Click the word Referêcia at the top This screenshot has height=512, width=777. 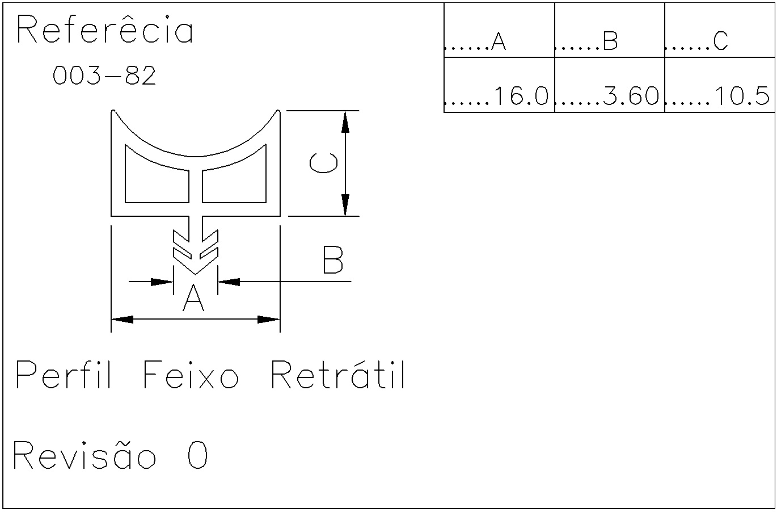[105, 30]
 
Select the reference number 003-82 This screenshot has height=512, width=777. [104, 75]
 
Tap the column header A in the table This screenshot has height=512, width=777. [499, 41]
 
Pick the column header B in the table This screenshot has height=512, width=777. [610, 41]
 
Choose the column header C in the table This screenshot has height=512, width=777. [720, 41]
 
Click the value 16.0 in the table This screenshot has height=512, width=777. [521, 96]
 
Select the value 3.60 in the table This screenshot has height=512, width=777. [631, 96]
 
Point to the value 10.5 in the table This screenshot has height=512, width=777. [742, 96]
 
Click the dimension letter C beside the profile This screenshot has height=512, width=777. [323, 163]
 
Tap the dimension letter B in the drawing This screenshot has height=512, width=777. [333, 259]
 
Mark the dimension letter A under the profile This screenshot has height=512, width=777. [193, 297]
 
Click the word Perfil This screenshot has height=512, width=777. [64, 375]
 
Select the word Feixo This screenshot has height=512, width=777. [191, 375]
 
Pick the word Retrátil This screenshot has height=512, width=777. [338, 374]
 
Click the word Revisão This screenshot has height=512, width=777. [85, 455]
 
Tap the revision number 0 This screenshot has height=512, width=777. [198, 455]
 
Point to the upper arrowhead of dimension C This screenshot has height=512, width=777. [345, 121]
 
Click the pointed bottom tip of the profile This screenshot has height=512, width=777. [196, 274]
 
